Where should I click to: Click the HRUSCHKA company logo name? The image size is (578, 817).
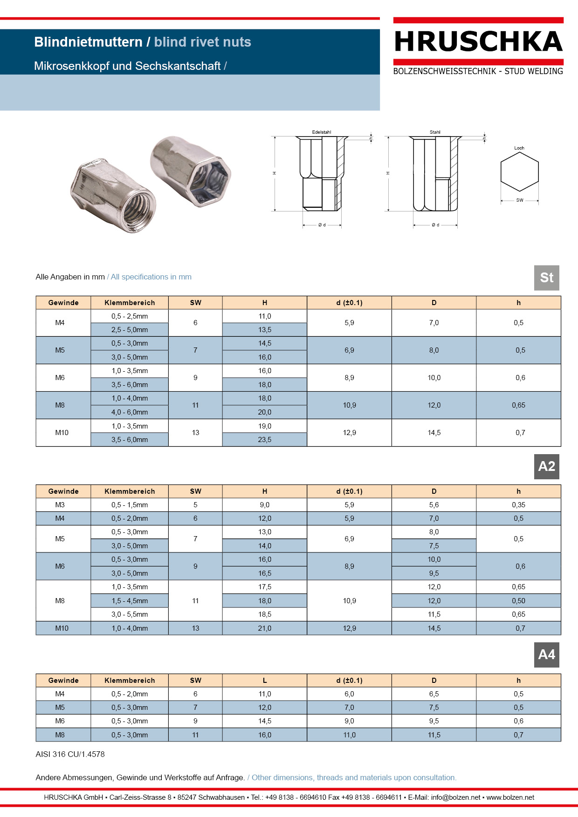[478, 42]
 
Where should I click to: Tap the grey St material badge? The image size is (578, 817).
[546, 278]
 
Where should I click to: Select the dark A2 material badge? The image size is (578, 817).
[546, 466]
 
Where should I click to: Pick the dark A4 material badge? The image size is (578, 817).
[546, 655]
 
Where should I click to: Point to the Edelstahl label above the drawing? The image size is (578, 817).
[322, 132]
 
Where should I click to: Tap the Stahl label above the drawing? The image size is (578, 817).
[435, 132]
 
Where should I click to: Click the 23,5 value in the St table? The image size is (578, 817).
[265, 440]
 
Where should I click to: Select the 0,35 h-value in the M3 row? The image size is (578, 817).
[518, 505]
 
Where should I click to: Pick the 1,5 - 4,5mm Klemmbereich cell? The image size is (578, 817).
[130, 601]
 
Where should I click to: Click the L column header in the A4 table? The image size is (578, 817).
[265, 681]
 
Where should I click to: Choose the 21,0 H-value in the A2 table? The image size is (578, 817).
[265, 628]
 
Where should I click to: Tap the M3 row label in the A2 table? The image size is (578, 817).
[60, 505]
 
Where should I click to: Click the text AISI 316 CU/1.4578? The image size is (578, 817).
[70, 754]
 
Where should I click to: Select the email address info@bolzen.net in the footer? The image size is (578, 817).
[455, 797]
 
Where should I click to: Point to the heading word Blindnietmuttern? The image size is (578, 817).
[88, 42]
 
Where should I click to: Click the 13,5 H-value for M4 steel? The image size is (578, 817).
[265, 330]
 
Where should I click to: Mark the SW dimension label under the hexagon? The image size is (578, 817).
[520, 200]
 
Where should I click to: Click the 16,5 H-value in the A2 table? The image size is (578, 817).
[265, 573]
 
